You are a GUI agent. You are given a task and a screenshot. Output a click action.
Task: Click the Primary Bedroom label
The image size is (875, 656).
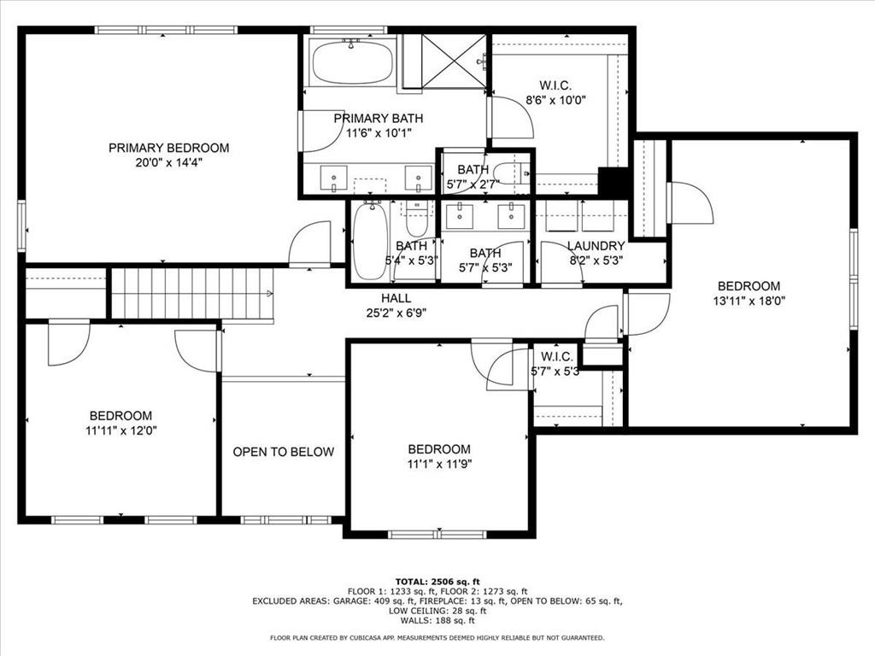(x=168, y=148)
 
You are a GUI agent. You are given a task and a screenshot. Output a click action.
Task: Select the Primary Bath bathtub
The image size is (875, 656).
(x=352, y=61)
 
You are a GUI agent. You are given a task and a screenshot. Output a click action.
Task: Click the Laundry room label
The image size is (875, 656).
(x=596, y=246)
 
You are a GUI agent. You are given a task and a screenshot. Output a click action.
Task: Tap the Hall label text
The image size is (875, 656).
(x=396, y=298)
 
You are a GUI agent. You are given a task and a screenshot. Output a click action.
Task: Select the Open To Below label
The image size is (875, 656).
(x=284, y=452)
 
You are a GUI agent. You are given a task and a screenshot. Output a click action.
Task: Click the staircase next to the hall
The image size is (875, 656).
(x=192, y=293)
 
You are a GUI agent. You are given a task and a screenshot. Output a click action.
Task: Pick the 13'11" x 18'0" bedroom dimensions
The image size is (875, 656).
(x=749, y=300)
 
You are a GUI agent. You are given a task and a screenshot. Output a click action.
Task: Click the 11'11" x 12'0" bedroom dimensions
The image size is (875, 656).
(x=120, y=430)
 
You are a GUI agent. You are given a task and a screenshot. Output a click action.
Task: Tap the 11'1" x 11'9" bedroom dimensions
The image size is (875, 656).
(x=439, y=464)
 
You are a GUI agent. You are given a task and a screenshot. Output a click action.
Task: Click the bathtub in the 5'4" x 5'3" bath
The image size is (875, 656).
(x=370, y=242)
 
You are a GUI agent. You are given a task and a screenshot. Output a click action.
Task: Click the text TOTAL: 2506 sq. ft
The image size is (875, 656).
(x=437, y=581)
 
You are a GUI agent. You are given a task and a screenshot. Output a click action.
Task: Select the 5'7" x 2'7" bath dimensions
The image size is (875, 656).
(x=473, y=183)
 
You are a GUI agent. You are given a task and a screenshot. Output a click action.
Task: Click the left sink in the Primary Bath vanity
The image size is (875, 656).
(x=332, y=178)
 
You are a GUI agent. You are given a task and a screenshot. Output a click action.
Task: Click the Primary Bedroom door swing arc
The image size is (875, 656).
(x=309, y=243)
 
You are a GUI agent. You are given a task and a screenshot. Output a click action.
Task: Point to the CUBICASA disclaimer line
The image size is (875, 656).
(x=437, y=637)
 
